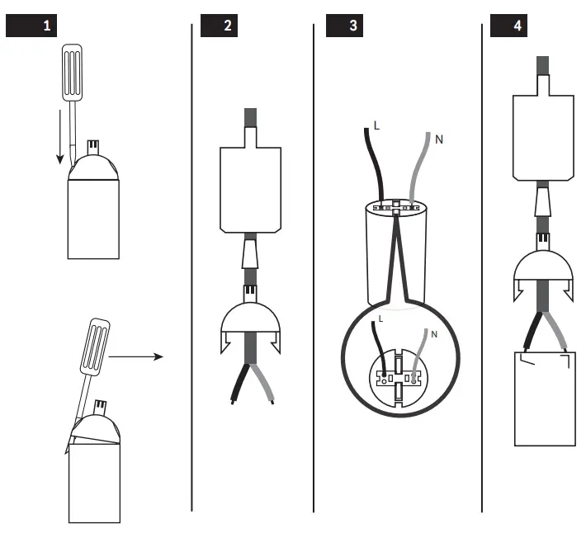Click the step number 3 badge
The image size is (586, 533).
pos(344,26)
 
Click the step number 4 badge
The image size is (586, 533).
pos(508,26)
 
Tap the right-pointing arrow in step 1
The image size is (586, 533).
pos(136,357)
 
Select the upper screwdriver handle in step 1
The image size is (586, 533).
pos(72,74)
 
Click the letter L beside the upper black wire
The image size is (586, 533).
pos(377,126)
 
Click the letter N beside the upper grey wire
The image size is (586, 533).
pos(438,139)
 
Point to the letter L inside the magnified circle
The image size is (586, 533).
pos(380,318)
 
